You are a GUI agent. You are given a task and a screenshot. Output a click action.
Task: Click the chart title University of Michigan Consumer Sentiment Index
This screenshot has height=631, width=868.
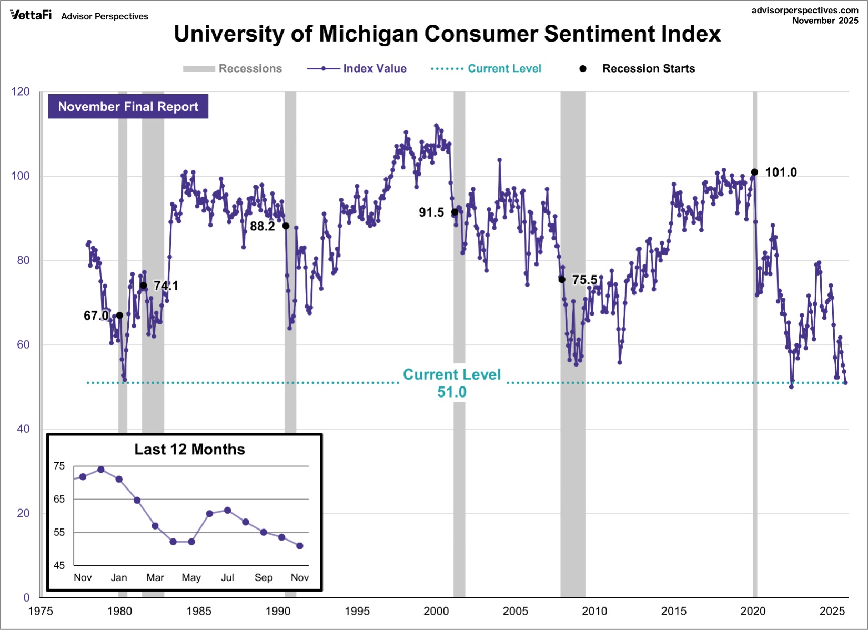447,34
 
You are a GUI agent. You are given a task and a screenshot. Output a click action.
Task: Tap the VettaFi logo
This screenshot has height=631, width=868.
31,15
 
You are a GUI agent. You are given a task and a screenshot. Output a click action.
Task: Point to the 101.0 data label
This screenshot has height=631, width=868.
781,172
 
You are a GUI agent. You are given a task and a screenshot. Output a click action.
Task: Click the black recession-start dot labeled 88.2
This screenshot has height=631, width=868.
286,226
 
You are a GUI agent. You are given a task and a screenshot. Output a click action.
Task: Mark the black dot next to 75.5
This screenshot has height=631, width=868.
562,280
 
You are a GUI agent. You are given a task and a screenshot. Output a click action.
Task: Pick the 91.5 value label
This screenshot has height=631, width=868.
431,212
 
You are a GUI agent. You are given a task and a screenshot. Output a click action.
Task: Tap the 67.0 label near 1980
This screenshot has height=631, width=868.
96,315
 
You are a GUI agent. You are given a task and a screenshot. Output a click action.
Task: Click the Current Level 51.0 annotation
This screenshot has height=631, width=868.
452,383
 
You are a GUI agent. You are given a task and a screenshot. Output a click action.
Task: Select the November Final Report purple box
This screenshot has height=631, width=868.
128,107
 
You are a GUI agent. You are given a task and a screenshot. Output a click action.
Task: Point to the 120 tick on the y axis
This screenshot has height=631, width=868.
21,92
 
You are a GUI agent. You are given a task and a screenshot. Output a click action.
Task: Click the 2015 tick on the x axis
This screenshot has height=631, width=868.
673,611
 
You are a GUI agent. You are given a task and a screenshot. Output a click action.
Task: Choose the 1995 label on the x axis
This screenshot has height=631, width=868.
357,611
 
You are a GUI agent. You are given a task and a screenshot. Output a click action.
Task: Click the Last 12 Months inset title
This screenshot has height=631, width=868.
189,450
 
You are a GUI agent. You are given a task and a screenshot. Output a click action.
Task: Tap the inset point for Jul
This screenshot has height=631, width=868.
227,511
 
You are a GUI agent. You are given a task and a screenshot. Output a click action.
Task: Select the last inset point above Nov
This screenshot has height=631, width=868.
300,546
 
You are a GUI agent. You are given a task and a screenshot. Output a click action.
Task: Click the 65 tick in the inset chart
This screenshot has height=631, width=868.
59,499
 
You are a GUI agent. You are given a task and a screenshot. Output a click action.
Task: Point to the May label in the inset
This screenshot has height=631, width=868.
191,577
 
